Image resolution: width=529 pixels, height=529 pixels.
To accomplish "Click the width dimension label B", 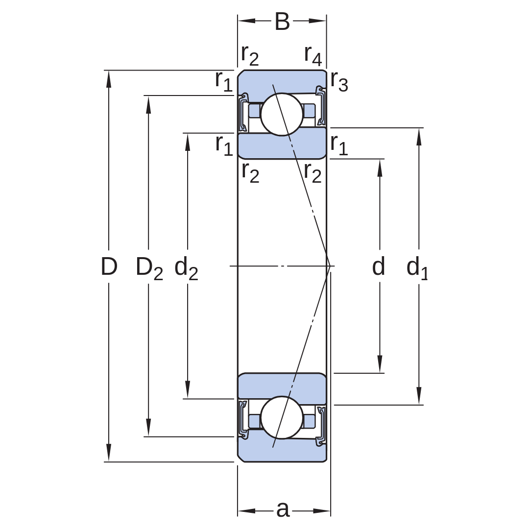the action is click(282, 22).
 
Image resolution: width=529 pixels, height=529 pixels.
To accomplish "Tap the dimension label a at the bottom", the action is click(283, 509).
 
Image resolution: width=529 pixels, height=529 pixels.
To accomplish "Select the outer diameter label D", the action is click(109, 266).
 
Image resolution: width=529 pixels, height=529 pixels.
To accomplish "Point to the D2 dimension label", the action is click(149, 268).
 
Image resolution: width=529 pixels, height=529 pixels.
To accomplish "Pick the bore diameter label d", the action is click(379, 266).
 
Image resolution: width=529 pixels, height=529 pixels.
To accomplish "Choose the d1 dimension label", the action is click(417, 268).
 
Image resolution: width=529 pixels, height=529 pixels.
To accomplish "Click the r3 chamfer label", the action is click(339, 82).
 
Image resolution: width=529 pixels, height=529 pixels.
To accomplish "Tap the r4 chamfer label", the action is click(313, 56).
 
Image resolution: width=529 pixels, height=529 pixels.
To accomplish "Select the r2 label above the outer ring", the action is click(250, 56).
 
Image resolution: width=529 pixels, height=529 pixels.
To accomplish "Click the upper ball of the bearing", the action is click(282, 115).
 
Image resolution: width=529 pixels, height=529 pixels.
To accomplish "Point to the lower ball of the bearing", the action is click(282, 418).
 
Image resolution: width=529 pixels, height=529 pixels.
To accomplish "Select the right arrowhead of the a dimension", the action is click(322, 511).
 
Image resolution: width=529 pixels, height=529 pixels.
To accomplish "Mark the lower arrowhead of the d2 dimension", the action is click(188, 390).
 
